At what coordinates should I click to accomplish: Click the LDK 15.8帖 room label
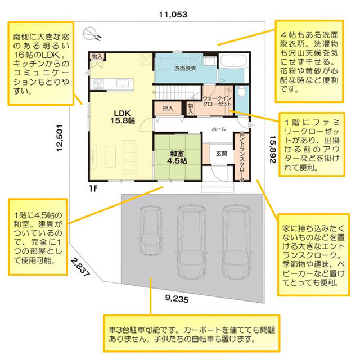tap(123, 116)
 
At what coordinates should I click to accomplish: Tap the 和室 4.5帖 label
tap(177, 157)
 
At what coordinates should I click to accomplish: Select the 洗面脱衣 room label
tap(185, 68)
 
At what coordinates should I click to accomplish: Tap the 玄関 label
tap(222, 154)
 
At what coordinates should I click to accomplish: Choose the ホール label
tap(219, 129)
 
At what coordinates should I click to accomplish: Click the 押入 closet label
tap(168, 109)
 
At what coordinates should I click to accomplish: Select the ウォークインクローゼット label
tap(217, 101)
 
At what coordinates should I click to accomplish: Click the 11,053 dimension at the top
tap(173, 15)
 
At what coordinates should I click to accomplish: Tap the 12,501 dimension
tap(60, 138)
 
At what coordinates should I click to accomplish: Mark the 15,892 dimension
tap(273, 149)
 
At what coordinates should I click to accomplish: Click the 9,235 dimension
tap(177, 299)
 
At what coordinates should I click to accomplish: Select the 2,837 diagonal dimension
tap(80, 267)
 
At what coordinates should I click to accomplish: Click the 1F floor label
tap(93, 188)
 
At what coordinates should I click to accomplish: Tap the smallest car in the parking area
tap(151, 231)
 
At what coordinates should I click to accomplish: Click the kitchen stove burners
tap(98, 84)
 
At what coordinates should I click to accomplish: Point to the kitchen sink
tap(123, 83)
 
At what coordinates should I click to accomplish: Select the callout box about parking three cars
tap(192, 334)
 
